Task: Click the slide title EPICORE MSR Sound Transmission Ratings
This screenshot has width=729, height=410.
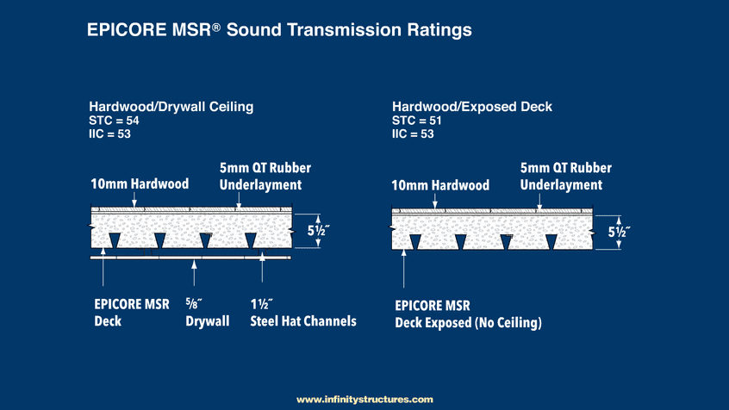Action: click(280, 30)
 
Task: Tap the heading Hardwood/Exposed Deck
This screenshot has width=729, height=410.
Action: click(472, 107)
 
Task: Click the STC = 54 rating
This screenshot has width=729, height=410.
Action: click(115, 121)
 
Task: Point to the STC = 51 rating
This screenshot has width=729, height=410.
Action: click(415, 121)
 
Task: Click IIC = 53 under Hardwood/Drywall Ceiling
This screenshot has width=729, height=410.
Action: click(111, 134)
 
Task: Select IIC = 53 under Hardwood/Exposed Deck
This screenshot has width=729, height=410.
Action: click(413, 134)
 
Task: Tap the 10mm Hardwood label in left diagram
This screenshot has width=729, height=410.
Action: click(140, 184)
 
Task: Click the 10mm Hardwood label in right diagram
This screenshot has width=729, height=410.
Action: click(440, 185)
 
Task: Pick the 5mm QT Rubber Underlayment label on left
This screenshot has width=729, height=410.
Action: click(260, 177)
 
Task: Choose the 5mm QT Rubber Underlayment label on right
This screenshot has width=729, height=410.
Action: click(561, 177)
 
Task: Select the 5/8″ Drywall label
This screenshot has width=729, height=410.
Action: click(207, 313)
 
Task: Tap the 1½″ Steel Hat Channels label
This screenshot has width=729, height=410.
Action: click(302, 313)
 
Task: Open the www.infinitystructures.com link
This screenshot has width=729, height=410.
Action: click(364, 400)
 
